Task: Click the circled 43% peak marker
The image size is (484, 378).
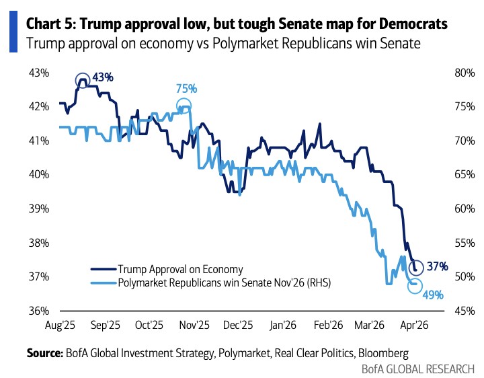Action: coord(83,80)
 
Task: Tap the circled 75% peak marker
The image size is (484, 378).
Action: coord(184,106)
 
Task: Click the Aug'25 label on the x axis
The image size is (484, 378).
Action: coord(60,325)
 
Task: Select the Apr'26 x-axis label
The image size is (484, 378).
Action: coord(415,325)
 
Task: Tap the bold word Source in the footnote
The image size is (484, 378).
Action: coord(44,353)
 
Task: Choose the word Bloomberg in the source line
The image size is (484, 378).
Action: coord(382,353)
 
